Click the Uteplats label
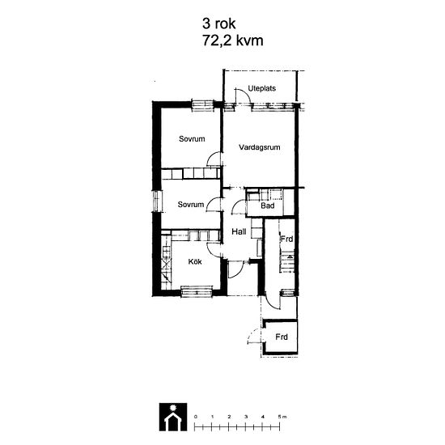[261, 88]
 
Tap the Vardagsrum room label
[260, 147]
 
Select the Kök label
[195, 261]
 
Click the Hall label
[239, 231]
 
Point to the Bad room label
[268, 206]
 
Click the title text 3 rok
[218, 23]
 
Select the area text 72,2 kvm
[233, 40]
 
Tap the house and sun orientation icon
[173, 417]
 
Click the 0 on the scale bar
[195, 417]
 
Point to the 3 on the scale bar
[246, 417]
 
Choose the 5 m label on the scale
[282, 417]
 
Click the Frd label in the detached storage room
[282, 337]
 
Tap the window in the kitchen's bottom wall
[197, 291]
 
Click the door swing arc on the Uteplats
[244, 94]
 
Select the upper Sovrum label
[192, 139]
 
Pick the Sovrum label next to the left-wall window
[191, 205]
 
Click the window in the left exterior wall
[157, 201]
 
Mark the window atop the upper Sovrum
[202, 104]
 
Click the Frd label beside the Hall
[286, 239]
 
